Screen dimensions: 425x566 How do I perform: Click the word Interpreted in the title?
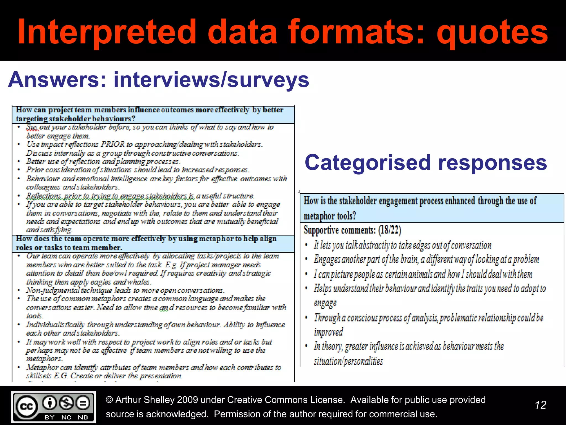107,32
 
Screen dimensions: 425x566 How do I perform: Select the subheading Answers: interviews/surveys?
159,80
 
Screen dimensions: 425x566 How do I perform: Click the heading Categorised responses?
426,163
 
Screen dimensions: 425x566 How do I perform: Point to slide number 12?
541,405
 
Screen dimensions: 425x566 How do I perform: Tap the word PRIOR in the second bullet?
113,144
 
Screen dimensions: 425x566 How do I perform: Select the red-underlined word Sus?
32,127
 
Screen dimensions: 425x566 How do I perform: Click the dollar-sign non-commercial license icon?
66,403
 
